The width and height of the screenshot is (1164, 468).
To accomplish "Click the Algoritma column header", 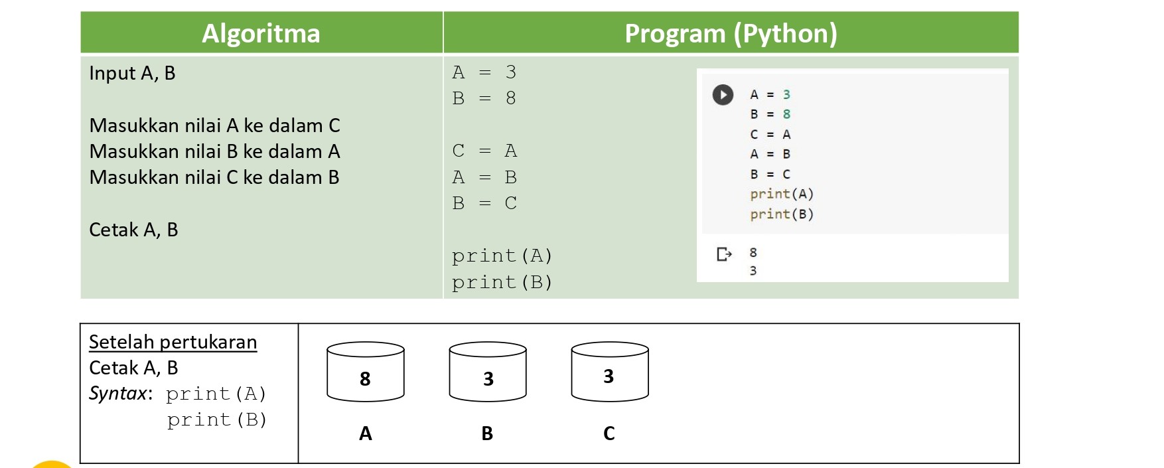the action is click(261, 33).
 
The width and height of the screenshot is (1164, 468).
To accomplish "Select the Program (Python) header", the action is click(731, 33).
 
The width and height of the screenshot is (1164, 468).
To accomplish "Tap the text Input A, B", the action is click(132, 73).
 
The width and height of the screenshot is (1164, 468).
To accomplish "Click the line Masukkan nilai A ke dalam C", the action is click(214, 125).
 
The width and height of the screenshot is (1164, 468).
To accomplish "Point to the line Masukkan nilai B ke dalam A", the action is click(214, 151).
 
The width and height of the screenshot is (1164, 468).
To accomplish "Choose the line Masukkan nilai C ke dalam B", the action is click(214, 177).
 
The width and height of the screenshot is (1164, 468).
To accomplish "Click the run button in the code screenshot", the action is click(723, 95).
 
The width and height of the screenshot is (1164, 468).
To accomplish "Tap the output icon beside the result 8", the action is click(724, 254).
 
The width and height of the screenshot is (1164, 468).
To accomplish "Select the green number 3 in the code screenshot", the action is click(786, 95).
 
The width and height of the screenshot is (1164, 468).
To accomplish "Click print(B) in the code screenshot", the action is click(782, 214).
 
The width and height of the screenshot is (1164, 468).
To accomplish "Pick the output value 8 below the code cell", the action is click(753, 252).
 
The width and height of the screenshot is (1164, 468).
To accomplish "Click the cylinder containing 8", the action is click(366, 372).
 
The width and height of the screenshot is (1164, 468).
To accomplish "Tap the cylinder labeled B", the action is click(488, 372).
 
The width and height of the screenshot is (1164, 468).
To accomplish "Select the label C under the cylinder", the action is click(609, 433).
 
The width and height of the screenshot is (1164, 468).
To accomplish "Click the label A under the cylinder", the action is click(366, 433).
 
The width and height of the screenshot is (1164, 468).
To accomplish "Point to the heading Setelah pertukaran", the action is click(173, 342).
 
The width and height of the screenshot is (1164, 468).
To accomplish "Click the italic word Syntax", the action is click(117, 394).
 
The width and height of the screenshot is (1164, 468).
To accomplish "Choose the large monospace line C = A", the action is click(484, 151).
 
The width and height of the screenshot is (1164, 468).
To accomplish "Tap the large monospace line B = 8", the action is click(484, 98).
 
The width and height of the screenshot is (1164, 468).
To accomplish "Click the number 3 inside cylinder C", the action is click(609, 376).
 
